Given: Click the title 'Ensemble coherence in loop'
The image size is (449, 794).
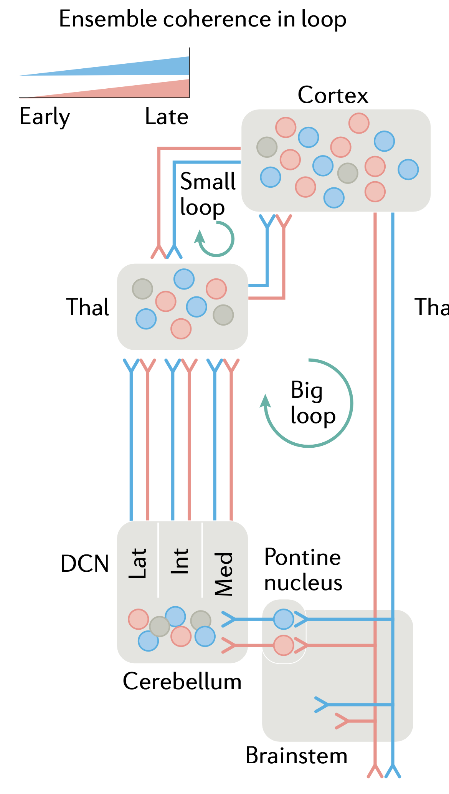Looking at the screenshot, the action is tap(203, 19).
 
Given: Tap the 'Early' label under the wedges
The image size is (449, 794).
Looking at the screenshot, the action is tap(45, 117).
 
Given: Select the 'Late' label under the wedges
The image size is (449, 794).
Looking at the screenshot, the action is tap(167, 116).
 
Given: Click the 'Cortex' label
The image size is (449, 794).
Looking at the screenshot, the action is tap(333, 95).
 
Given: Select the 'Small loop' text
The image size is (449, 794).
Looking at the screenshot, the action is tap(208, 194).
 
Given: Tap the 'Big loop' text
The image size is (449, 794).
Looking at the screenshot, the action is tap(313, 403).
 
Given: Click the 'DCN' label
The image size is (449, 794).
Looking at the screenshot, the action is tap(85, 564).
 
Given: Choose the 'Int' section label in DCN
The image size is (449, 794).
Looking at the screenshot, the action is tap(180, 561).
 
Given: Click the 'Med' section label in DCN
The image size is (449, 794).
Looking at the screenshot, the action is tap(224, 574).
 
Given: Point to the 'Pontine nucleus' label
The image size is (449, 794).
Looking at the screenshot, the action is tap(303, 570).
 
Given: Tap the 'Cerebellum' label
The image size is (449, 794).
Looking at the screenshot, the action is tap(182, 682).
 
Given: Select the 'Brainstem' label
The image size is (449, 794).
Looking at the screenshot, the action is tap(296, 756).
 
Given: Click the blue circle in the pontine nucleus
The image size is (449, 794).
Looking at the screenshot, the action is tap(284, 619).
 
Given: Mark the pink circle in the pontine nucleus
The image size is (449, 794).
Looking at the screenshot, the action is tap(284, 645).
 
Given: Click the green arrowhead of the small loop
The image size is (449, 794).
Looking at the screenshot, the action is tap(200, 236).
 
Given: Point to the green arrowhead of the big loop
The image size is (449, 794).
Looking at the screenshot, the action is tap(265, 401).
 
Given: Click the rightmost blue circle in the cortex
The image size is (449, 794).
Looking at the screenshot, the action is tap(408, 169).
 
